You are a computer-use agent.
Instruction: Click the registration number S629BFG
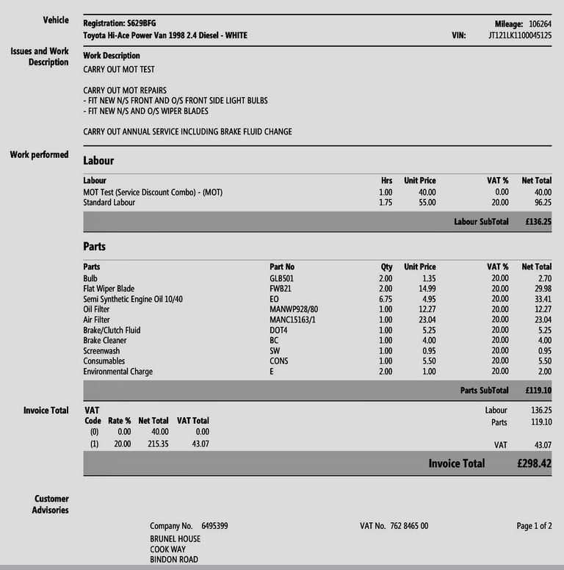tap(140, 24)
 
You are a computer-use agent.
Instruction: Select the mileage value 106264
tap(540, 24)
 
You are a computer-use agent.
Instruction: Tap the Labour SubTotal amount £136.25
tap(538, 221)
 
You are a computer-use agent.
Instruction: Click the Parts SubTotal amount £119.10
tap(538, 390)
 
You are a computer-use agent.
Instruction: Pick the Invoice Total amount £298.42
tap(533, 463)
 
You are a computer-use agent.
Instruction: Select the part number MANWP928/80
tap(294, 309)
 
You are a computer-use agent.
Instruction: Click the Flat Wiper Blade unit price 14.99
tap(424, 289)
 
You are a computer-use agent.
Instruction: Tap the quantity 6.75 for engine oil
tap(385, 299)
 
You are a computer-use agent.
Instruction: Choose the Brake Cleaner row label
tap(105, 340)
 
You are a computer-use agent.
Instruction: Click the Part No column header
tap(282, 267)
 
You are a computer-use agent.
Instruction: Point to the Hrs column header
tap(386, 180)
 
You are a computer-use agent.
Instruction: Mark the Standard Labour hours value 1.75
tap(385, 202)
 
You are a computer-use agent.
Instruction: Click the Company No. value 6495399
tap(214, 526)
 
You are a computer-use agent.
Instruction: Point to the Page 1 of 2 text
tap(534, 526)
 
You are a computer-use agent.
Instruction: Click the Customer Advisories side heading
tap(51, 504)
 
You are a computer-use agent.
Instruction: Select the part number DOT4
tap(279, 330)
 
